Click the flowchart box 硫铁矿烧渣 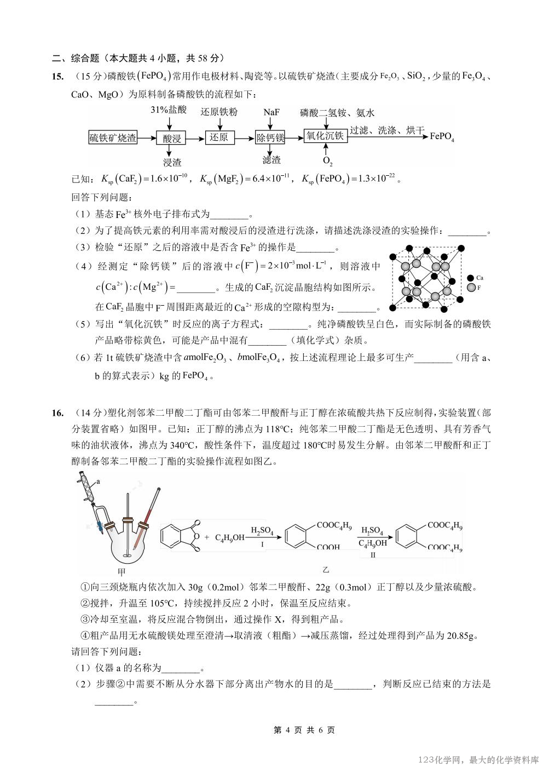113,138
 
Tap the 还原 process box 219,137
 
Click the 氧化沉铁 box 325,136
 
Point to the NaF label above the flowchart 271,112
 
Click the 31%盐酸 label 169,110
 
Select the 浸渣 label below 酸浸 172,162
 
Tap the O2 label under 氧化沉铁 327,161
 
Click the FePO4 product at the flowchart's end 442,136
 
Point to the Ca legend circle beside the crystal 471,278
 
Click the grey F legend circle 471,287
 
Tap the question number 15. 58,77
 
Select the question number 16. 58,413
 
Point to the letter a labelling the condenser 98,482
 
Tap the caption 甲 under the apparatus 122,572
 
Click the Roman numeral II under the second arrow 373,555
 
